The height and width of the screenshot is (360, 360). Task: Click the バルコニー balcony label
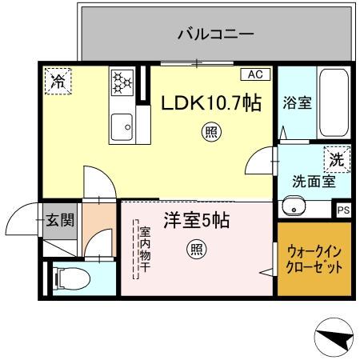[215, 34]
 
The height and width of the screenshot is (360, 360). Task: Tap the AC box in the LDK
[254, 74]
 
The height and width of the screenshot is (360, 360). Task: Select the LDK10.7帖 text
[211, 103]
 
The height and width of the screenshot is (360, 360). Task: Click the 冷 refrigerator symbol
[58, 81]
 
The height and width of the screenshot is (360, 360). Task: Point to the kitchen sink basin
[122, 125]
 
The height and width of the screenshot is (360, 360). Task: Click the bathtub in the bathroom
[331, 102]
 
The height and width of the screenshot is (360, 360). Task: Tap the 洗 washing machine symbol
[337, 159]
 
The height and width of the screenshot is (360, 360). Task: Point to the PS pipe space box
[342, 210]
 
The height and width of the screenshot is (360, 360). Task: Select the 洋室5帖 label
[197, 220]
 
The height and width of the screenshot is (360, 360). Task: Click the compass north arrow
[334, 339]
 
